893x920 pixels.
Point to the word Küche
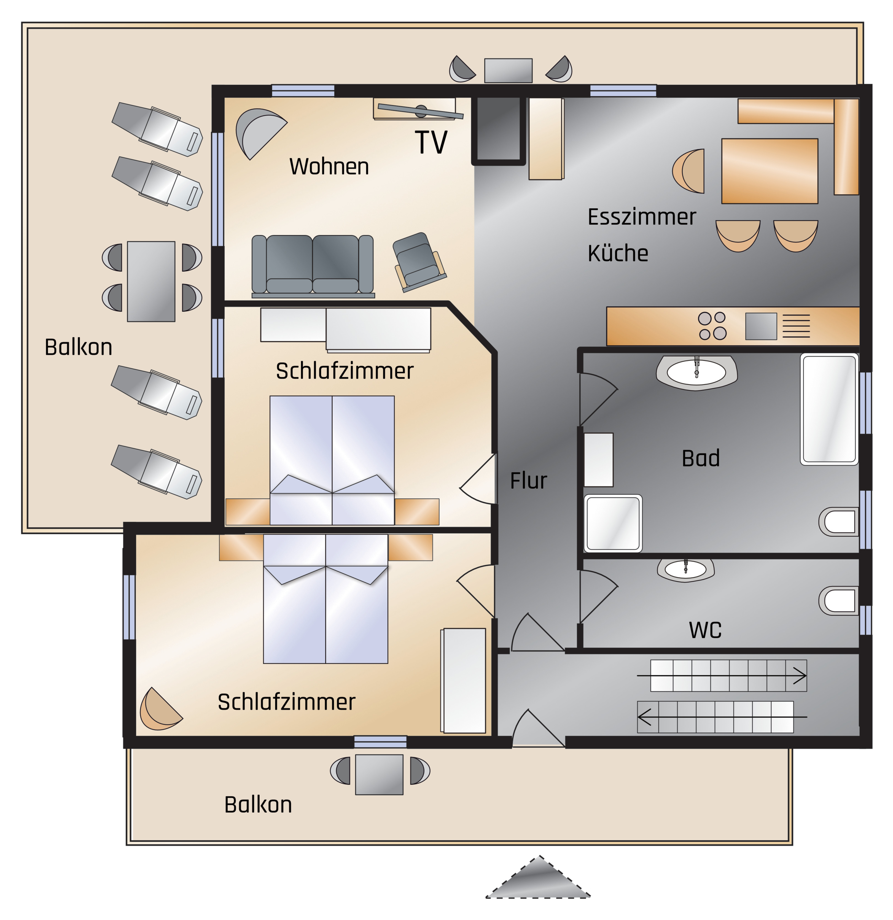618,253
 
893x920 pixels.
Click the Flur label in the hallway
529,481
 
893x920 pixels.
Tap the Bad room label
701,458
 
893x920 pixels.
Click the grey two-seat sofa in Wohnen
313,265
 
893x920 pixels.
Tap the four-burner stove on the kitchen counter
712,326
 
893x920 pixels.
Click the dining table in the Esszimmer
770,171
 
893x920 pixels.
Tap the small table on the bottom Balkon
379,775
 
